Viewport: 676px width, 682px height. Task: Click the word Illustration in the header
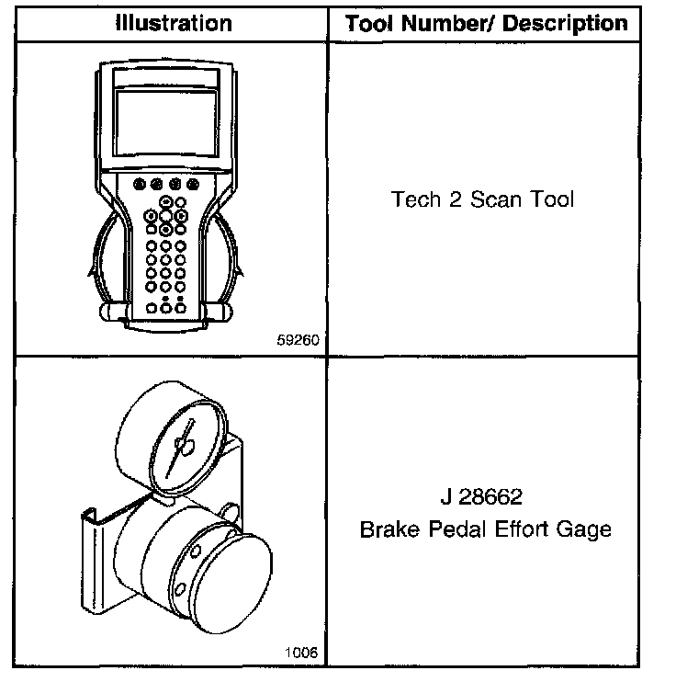tap(173, 23)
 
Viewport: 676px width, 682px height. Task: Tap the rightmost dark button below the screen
tap(193, 184)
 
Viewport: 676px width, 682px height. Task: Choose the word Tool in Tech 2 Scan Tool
tap(551, 200)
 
